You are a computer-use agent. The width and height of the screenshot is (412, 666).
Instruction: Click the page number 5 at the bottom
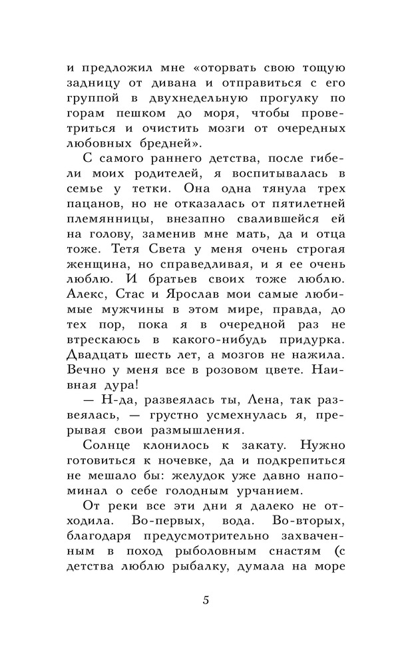pos(206,599)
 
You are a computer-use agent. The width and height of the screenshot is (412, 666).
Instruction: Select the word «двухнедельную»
pos(186,99)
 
